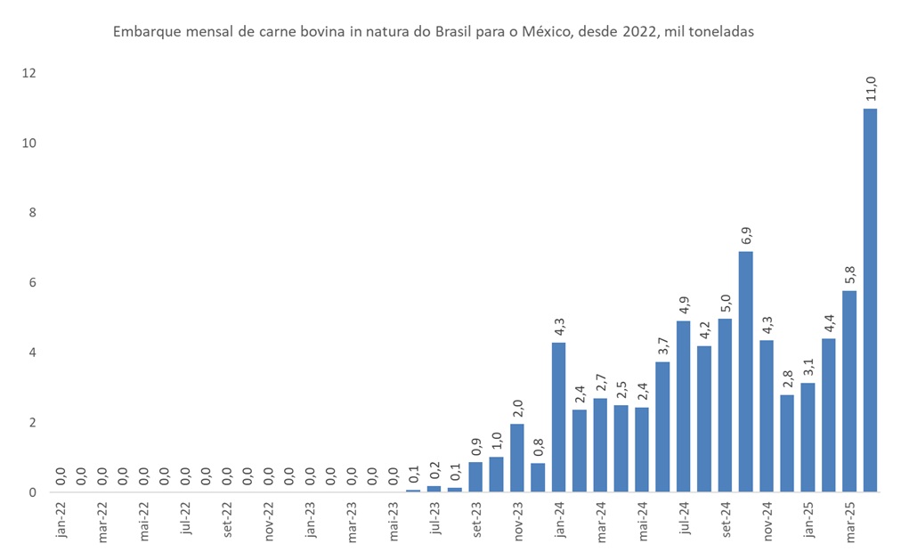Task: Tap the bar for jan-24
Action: (x=558, y=417)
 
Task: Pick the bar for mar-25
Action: (x=849, y=391)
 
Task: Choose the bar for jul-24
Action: (x=683, y=406)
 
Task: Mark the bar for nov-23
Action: (x=517, y=458)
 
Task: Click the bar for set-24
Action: (x=725, y=405)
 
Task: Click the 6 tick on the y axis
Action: (x=32, y=282)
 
